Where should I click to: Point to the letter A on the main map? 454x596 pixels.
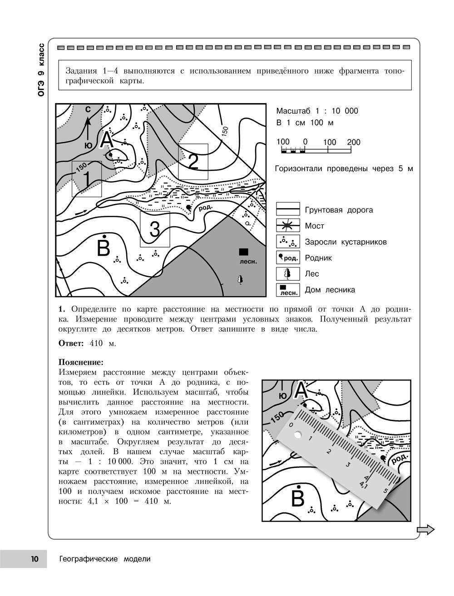click(107, 140)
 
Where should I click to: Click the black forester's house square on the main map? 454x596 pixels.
click(243, 252)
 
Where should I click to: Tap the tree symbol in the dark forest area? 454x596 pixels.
click(240, 279)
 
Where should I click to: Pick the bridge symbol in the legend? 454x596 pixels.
click(288, 225)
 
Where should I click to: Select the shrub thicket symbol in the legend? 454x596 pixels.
click(288, 241)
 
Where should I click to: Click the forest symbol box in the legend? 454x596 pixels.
click(288, 274)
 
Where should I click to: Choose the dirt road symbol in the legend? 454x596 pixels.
click(288, 209)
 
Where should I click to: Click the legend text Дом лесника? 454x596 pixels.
click(330, 290)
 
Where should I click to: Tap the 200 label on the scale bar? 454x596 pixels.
click(354, 142)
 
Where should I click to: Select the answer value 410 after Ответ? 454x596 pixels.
click(96, 343)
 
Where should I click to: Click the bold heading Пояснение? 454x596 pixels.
click(81, 362)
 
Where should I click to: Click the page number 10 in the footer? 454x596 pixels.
click(35, 559)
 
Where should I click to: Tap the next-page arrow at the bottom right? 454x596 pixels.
click(425, 530)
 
